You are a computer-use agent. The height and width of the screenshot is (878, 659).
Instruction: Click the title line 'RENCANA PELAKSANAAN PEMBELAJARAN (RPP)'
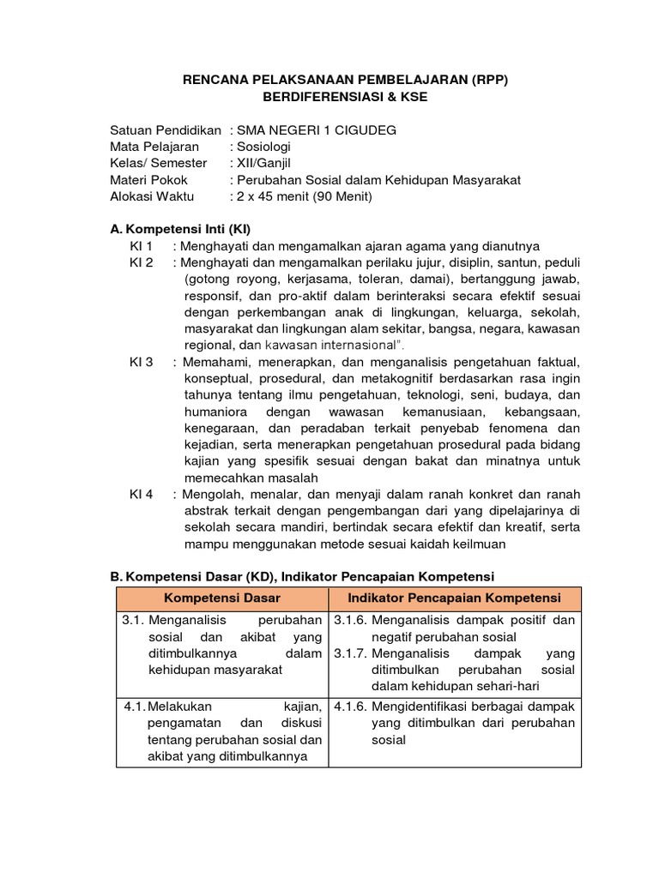coord(347,81)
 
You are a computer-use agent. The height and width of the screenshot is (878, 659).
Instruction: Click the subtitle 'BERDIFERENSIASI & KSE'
coord(347,98)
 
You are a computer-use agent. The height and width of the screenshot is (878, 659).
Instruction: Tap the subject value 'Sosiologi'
coord(267,147)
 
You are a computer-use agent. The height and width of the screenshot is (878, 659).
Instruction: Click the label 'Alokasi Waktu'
coord(153,196)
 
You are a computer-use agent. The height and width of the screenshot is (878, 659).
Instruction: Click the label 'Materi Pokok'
coord(149,180)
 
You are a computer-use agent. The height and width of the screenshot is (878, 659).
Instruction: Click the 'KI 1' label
coord(141,246)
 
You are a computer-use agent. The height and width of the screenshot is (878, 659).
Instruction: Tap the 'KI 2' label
coord(141,262)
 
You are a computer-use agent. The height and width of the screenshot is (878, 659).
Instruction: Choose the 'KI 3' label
coord(141,362)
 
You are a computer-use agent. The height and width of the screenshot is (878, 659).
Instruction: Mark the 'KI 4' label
coord(141,494)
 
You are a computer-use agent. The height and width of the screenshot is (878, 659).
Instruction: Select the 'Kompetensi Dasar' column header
coord(221,598)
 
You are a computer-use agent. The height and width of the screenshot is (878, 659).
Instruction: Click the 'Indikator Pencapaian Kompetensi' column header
coord(454,598)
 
